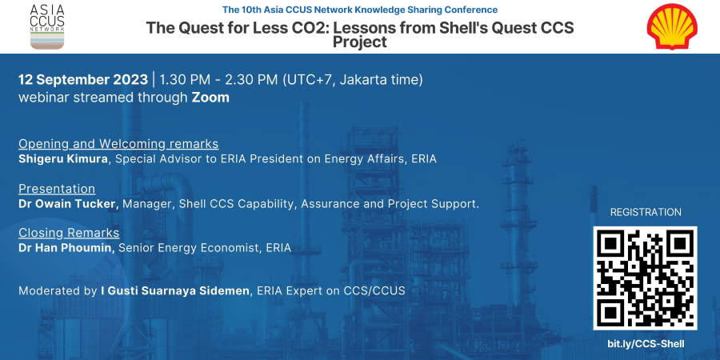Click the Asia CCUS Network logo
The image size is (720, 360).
coord(47,26)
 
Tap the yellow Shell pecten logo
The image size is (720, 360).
coord(672,26)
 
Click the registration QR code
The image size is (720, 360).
coord(645,278)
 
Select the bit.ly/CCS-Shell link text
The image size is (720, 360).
coord(646,344)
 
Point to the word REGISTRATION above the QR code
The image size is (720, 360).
coord(646,212)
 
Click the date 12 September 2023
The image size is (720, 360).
coord(83,79)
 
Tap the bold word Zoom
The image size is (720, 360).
coord(210,98)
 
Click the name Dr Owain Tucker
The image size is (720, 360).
coord(69,204)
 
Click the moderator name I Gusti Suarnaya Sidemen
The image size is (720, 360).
coord(175,290)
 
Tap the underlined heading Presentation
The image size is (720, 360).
coord(57,189)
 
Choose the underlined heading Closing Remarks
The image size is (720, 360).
coord(69,233)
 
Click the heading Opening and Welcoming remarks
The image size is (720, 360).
coord(118,144)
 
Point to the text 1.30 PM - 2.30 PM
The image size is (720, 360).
coord(218,79)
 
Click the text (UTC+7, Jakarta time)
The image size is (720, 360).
coord(353,80)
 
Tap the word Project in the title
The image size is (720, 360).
coord(360,42)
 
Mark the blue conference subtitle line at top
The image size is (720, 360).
coord(360,9)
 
